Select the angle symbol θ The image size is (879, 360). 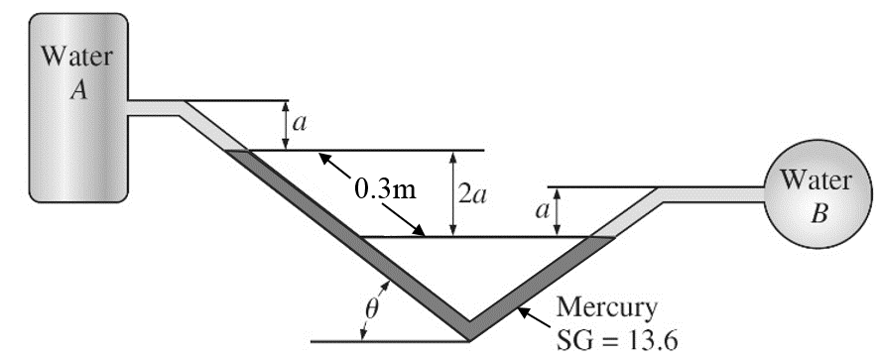[371, 308]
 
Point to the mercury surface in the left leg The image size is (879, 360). [237, 151]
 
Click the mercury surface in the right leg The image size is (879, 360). [601, 237]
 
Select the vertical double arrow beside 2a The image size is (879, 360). [451, 193]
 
